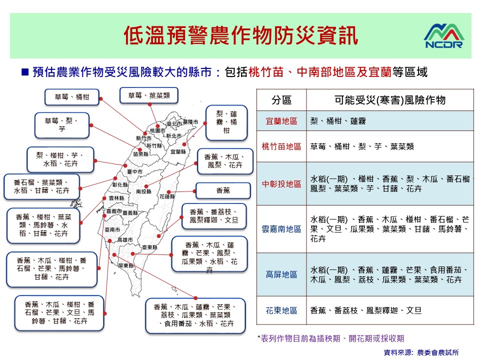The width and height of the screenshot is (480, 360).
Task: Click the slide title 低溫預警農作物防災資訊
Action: coord(241,36)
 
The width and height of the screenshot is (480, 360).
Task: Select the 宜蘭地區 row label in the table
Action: coord(281,121)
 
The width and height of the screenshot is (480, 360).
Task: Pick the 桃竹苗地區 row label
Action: coord(281,146)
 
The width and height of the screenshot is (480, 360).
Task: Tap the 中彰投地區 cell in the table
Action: coord(281,184)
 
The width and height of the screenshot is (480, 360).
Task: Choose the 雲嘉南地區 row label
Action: coord(281,229)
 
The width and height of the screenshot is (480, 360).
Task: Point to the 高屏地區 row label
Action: coord(281,274)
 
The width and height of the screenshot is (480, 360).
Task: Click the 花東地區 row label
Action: coord(281,310)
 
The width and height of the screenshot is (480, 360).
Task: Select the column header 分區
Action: coord(281,100)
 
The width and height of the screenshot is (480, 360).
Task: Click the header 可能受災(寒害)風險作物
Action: coord(390,100)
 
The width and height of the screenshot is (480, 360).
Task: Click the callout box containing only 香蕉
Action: coord(223,190)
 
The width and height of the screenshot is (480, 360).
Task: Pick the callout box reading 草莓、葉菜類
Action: coord(149,95)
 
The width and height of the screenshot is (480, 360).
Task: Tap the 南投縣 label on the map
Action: coord(143,191)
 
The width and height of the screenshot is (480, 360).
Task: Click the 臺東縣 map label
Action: coord(149,247)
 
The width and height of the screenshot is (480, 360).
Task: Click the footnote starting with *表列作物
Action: coord(330,338)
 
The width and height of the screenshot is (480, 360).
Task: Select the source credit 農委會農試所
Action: coord(438,352)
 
